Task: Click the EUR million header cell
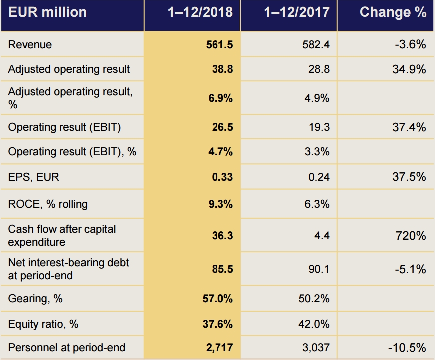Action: pos(47,12)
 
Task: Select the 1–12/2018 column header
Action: pos(200,12)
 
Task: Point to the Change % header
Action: pos(393,12)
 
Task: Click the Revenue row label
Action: pos(30,45)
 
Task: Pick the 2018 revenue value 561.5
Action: pos(219,45)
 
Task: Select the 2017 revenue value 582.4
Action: pos(316,45)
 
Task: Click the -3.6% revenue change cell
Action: pos(411,45)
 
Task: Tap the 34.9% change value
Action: pos(409,69)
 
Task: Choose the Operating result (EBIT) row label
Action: pos(64,127)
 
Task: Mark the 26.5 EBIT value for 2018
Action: pos(222,127)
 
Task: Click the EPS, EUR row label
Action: pos(30,177)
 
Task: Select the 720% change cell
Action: pos(413,235)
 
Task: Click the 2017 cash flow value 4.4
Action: pos(322,235)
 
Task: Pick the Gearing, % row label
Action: pos(35,299)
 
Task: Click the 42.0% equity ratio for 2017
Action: pos(317,324)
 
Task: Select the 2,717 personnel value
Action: pos(219,348)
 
